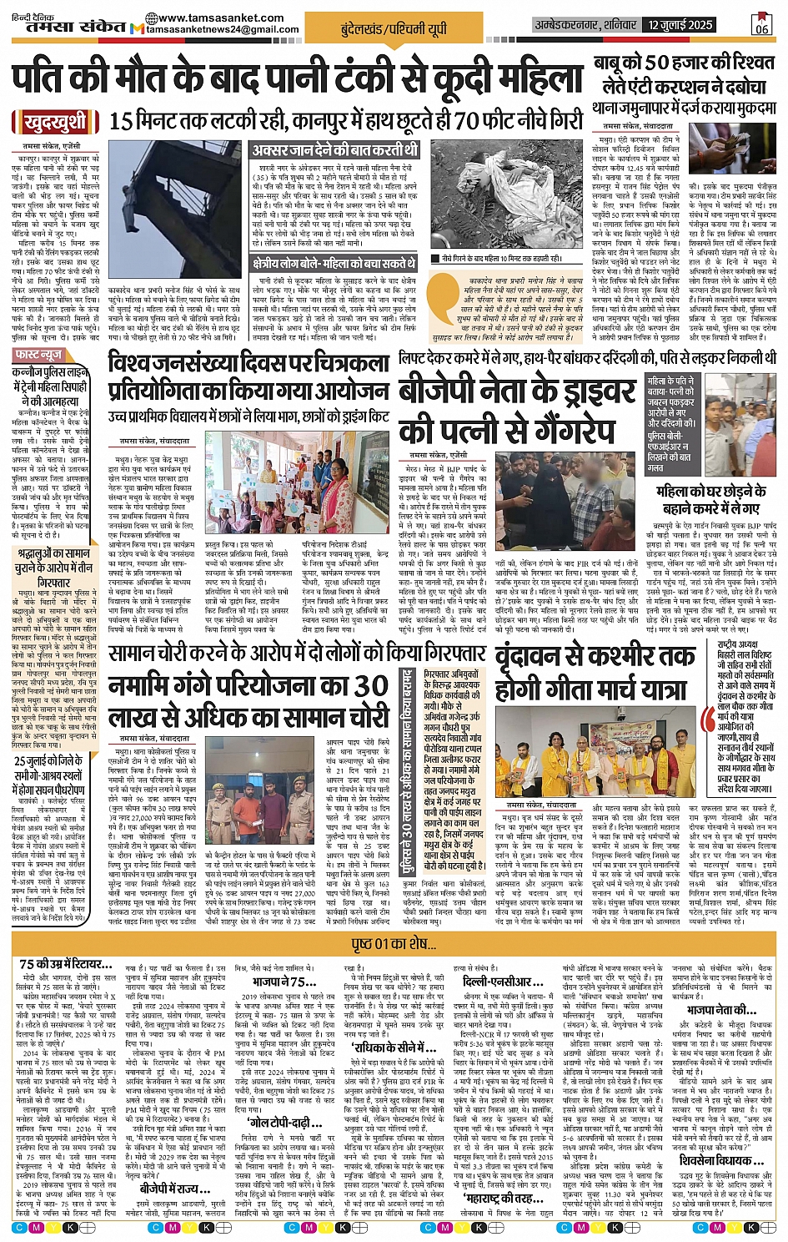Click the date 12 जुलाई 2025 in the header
(680, 25)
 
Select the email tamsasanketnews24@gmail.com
(222, 29)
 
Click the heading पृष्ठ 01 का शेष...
(394, 944)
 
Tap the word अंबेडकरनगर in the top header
(566, 25)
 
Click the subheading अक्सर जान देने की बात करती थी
(334, 150)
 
